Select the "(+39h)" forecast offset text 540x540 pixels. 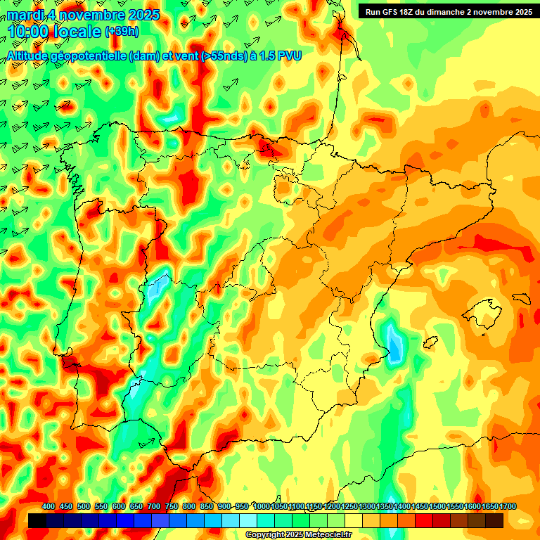pos(122,32)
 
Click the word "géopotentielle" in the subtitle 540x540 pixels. pos(91,56)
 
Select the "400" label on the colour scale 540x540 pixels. pos(49,507)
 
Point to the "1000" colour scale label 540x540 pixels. pos(262,507)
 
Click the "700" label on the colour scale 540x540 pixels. pos(154,507)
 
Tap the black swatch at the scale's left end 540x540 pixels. pos(37,520)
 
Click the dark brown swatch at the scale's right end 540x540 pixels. pos(494,520)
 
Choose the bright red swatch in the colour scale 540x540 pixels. pos(424,520)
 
